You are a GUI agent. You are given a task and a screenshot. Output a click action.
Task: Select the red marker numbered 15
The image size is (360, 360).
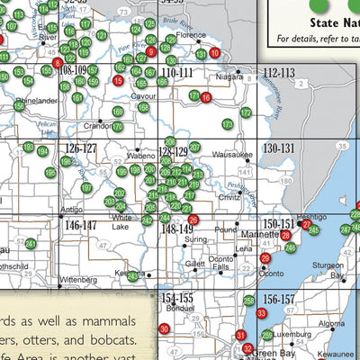pyautogui.click(x=118, y=81)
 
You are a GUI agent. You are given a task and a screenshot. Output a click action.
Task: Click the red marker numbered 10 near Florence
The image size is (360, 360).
pyautogui.click(x=213, y=53)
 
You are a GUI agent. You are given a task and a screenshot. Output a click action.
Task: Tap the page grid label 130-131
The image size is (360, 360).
pyautogui.click(x=279, y=148)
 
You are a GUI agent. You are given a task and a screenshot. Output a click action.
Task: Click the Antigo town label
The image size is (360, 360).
pyautogui.click(x=71, y=210)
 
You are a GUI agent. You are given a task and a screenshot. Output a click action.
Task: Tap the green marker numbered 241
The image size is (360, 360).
pyautogui.click(x=31, y=243)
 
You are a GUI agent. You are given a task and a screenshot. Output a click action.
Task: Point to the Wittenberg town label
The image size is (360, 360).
pyautogui.click(x=76, y=280)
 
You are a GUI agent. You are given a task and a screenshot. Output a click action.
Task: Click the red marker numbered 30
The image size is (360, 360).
pyautogui.click(x=164, y=328)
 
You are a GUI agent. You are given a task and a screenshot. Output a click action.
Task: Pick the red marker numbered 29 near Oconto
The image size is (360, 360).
pyautogui.click(x=265, y=258)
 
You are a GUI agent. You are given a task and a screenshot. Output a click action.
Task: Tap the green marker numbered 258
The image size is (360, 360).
pyautogui.click(x=249, y=300)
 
